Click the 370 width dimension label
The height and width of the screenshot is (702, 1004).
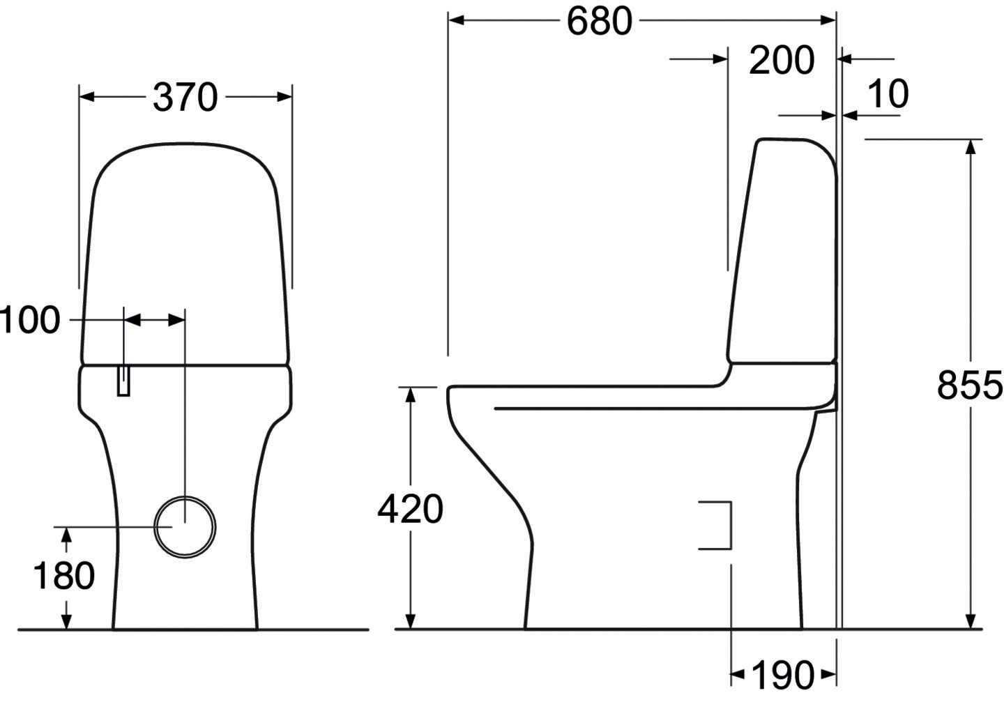click(185, 97)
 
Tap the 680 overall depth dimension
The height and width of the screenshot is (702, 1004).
click(600, 21)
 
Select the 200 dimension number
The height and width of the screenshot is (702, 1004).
click(782, 60)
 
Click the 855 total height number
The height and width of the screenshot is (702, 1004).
click(969, 386)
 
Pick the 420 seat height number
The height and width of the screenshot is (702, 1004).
click(410, 509)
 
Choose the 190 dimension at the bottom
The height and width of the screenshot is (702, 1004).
click(782, 675)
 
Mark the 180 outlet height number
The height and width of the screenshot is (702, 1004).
click(64, 576)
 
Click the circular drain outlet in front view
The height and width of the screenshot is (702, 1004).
click(185, 527)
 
